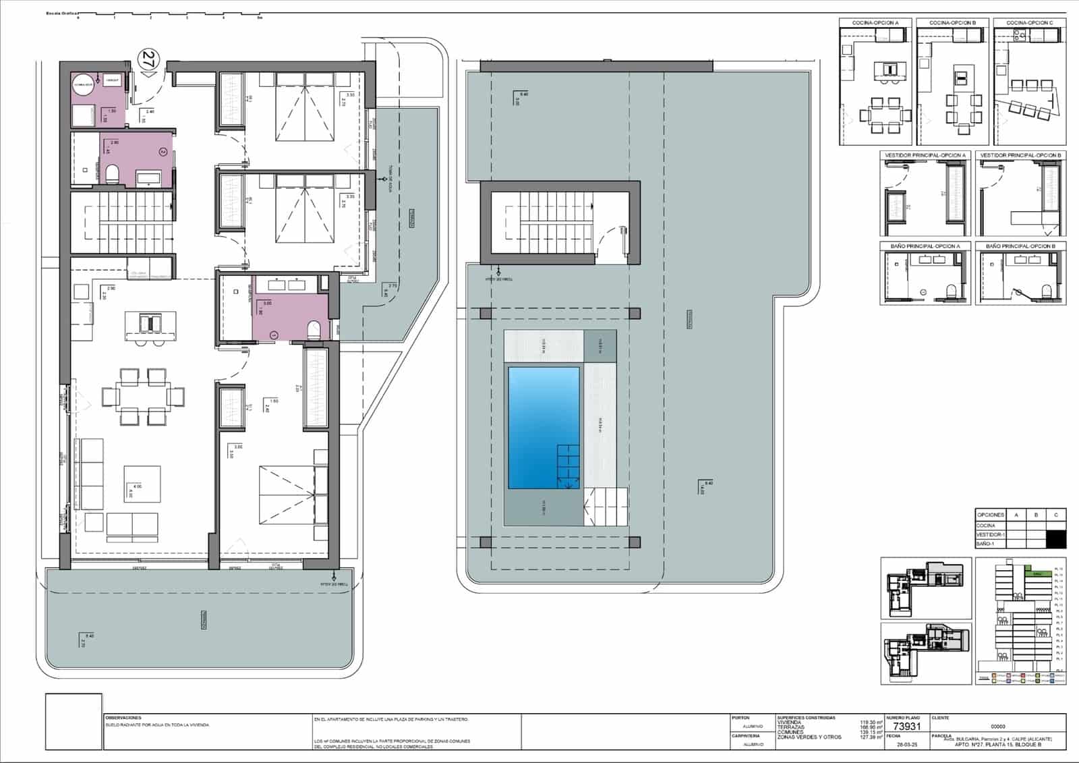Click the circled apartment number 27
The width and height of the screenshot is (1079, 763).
point(148,59)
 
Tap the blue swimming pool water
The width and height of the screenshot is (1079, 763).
point(544,427)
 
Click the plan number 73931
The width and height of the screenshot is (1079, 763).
point(906,727)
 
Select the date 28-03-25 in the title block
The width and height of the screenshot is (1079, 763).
point(906,744)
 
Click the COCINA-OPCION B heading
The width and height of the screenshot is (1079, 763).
point(952,23)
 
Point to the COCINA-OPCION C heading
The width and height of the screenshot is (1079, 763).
point(1029,23)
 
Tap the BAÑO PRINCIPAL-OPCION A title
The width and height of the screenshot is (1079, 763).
point(925,246)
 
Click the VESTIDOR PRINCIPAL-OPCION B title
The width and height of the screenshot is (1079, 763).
point(1020,155)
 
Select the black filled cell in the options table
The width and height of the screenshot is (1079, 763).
point(1056,539)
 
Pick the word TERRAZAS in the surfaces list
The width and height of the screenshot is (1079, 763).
point(790,727)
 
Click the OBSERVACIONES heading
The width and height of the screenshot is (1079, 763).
point(123,718)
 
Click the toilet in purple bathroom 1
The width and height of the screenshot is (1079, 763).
point(314,330)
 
